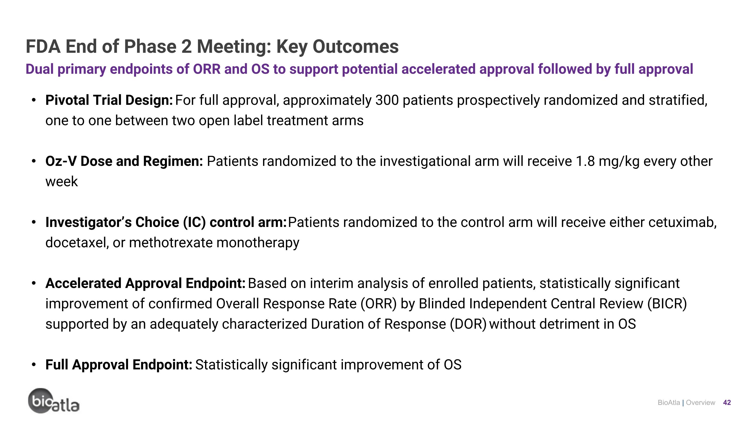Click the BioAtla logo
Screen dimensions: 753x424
(x=53, y=401)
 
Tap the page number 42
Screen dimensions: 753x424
(x=727, y=403)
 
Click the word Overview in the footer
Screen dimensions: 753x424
(x=700, y=403)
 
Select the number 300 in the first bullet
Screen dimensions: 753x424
(x=387, y=100)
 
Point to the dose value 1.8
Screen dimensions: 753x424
(x=585, y=162)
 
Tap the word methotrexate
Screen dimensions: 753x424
(x=171, y=243)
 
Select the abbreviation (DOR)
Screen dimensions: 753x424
(x=468, y=324)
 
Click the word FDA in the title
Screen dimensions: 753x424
(x=43, y=46)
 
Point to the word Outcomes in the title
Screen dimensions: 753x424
(x=355, y=46)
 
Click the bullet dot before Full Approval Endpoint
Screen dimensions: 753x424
(x=34, y=365)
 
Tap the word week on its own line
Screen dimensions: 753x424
(x=62, y=182)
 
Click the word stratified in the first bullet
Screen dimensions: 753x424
(x=678, y=100)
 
